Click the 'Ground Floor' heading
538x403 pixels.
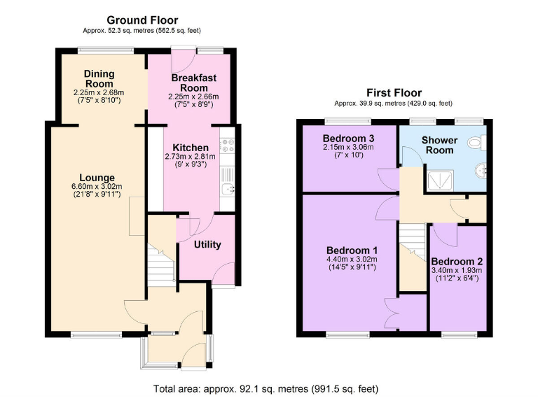coord(142,20)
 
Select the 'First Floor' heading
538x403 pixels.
coord(393,92)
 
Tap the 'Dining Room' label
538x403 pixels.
coord(99,78)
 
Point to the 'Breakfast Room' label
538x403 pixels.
coord(189,83)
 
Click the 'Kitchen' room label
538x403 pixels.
coord(191,148)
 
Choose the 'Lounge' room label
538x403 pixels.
coord(97,177)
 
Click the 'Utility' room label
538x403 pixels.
coord(207,244)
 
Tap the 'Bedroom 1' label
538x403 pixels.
coord(352,250)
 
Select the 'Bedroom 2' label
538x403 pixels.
coord(460,261)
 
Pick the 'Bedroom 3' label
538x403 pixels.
coord(348,137)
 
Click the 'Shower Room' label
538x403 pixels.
coord(439,146)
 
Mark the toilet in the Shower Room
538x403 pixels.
coord(476,143)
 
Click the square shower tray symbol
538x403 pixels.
coord(440,181)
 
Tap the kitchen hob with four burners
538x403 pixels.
coord(228,146)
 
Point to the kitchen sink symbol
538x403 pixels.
coord(227,188)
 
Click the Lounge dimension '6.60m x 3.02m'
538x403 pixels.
coord(97,186)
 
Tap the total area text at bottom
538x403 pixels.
coord(268,388)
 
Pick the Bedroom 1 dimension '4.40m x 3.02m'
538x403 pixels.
coord(352,259)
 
